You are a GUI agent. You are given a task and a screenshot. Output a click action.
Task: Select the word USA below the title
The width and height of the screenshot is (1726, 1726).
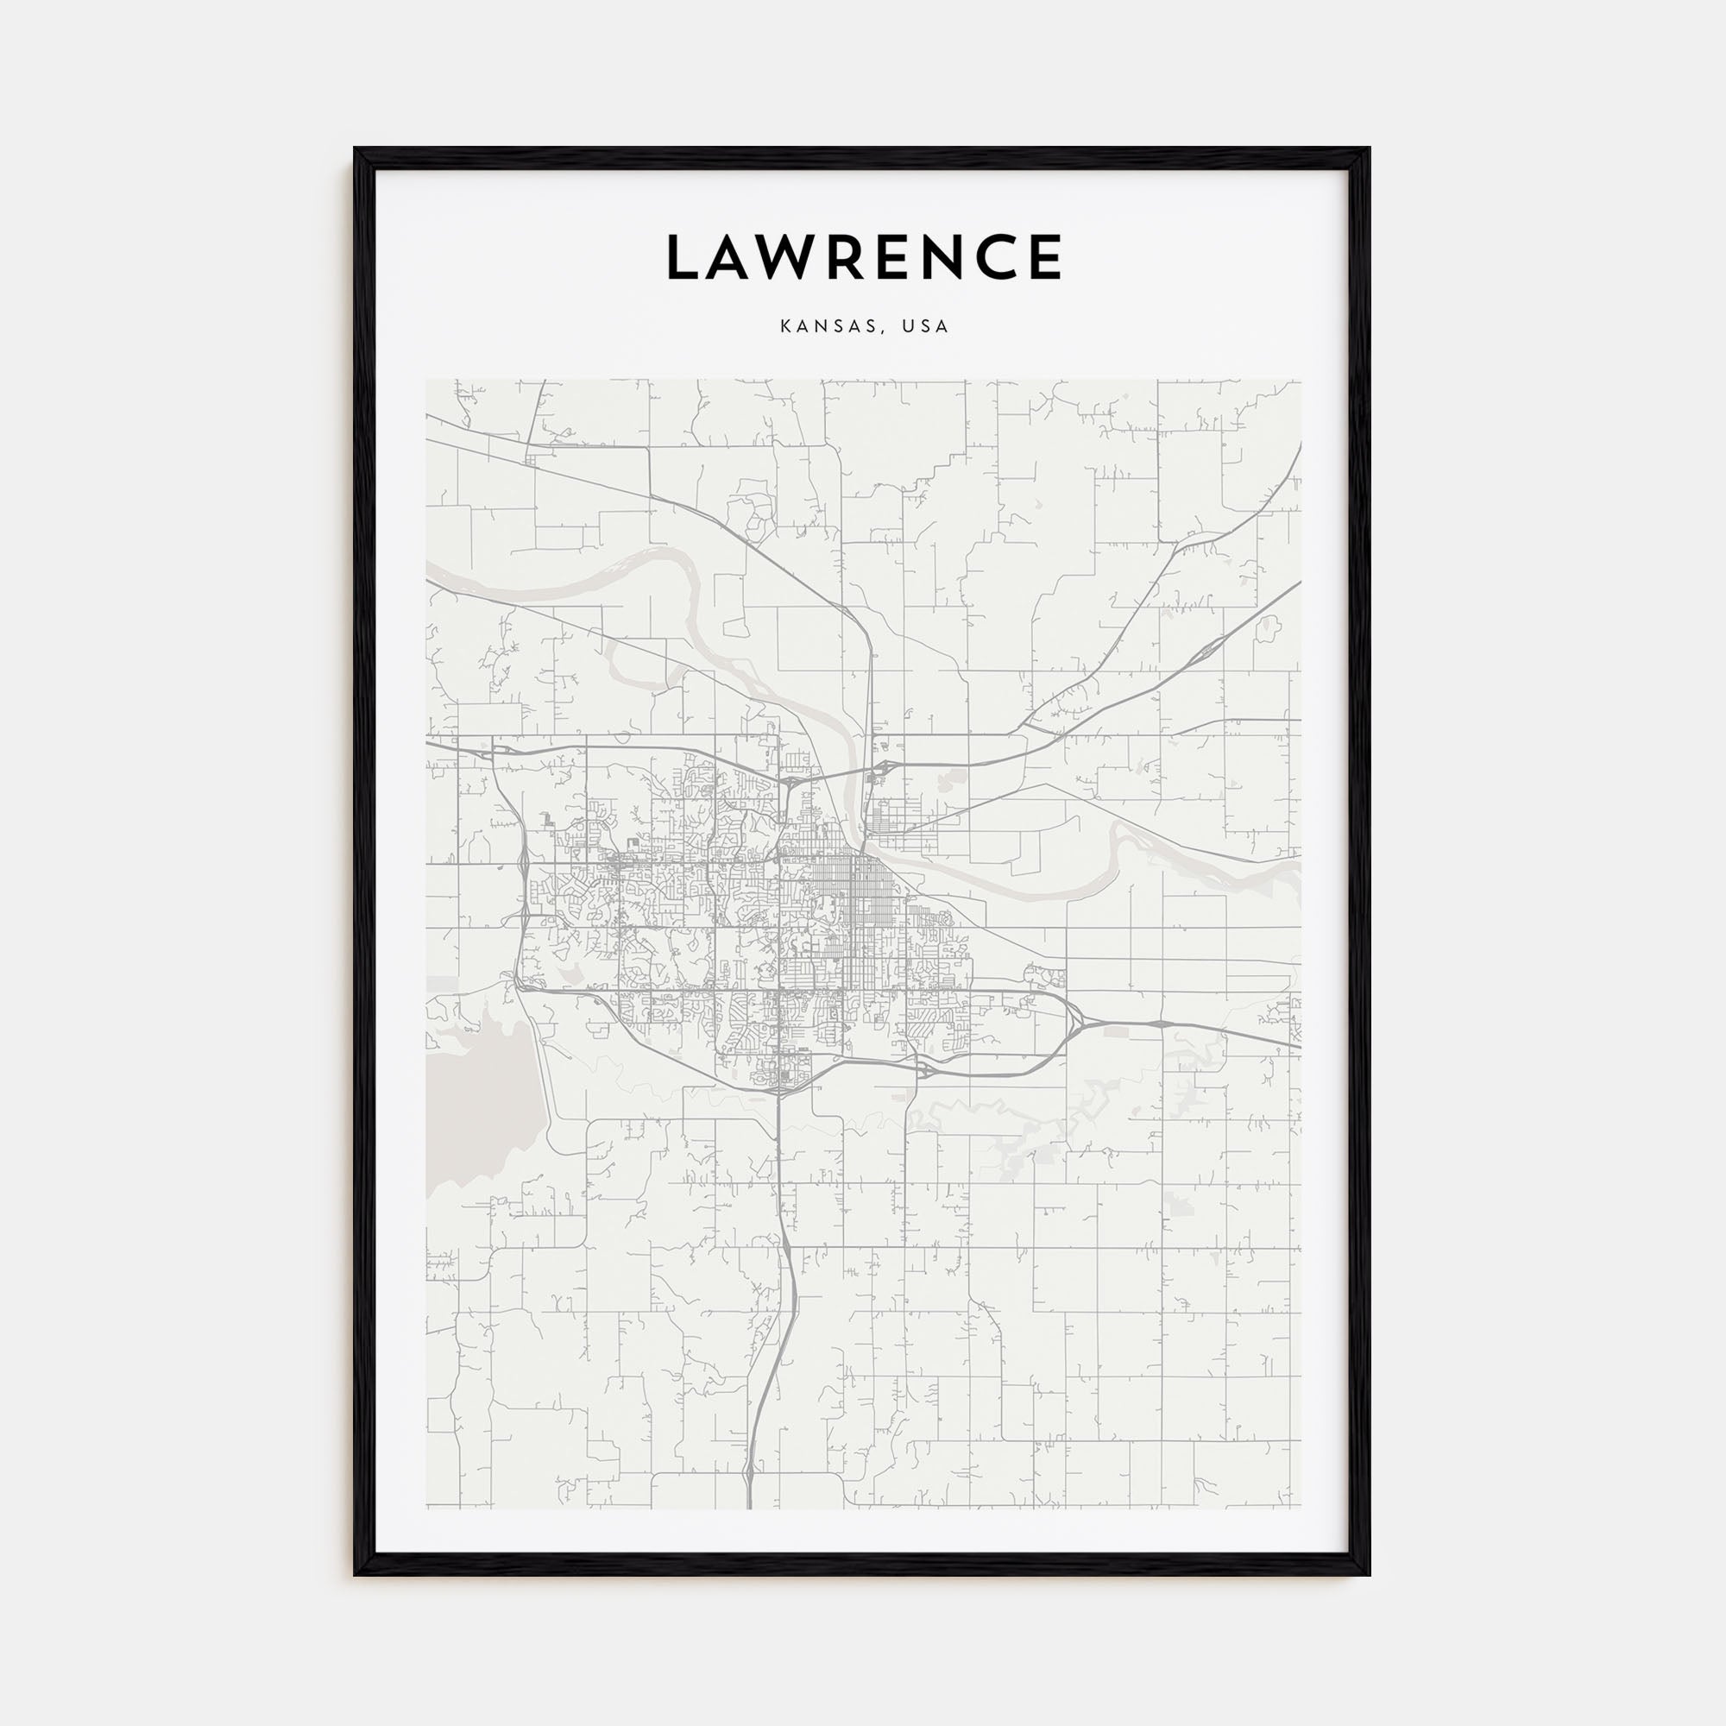click(924, 327)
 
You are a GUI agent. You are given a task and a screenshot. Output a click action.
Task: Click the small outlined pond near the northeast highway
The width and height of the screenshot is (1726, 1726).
click(1266, 630)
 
